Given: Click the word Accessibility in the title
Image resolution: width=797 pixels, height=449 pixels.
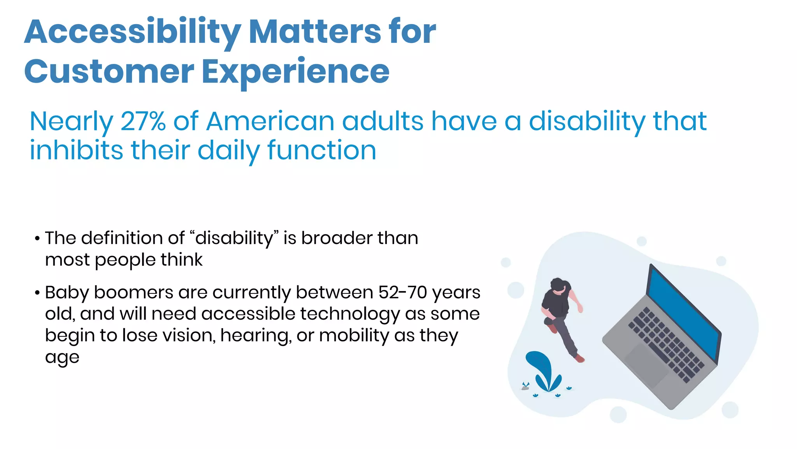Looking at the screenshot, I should point(132,32).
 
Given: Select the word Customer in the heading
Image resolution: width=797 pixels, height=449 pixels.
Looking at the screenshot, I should point(109,72).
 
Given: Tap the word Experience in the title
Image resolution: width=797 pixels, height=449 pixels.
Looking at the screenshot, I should point(296,72).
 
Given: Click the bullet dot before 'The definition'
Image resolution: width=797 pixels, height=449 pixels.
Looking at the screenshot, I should point(37,239).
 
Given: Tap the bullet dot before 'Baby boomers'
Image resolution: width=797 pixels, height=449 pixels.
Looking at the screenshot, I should point(37,293).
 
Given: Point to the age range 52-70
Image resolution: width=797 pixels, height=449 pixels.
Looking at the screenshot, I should point(402,293).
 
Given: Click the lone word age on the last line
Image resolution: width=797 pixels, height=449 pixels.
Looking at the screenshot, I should point(62,357).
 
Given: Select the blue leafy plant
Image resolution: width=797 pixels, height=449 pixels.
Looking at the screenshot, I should point(543,370).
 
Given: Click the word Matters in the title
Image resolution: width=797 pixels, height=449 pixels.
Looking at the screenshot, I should point(315,32).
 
